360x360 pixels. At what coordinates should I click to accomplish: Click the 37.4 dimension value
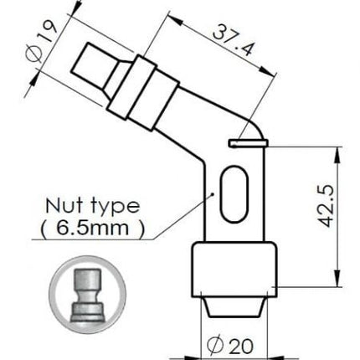coord(234,40)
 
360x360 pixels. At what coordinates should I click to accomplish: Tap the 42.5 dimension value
coord(326,205)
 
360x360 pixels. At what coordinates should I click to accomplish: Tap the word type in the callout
coord(116,207)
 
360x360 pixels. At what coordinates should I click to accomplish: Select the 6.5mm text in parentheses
coord(93,228)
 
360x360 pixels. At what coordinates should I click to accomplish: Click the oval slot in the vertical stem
coord(234,194)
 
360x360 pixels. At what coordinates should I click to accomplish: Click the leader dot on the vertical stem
coord(213,193)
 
